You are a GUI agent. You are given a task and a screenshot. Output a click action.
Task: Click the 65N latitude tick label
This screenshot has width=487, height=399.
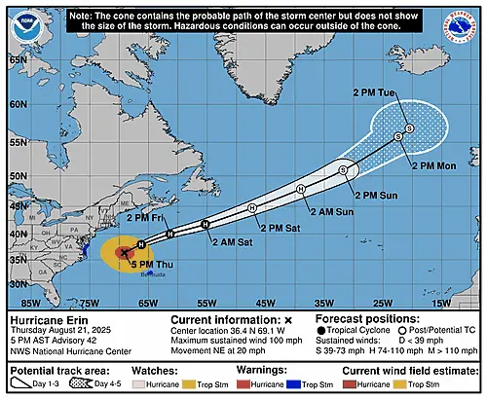point(17,59)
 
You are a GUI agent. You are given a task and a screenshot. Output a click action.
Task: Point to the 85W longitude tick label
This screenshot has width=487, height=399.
point(18,303)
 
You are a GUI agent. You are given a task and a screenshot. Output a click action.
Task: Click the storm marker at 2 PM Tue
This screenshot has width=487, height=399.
point(410,128)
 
